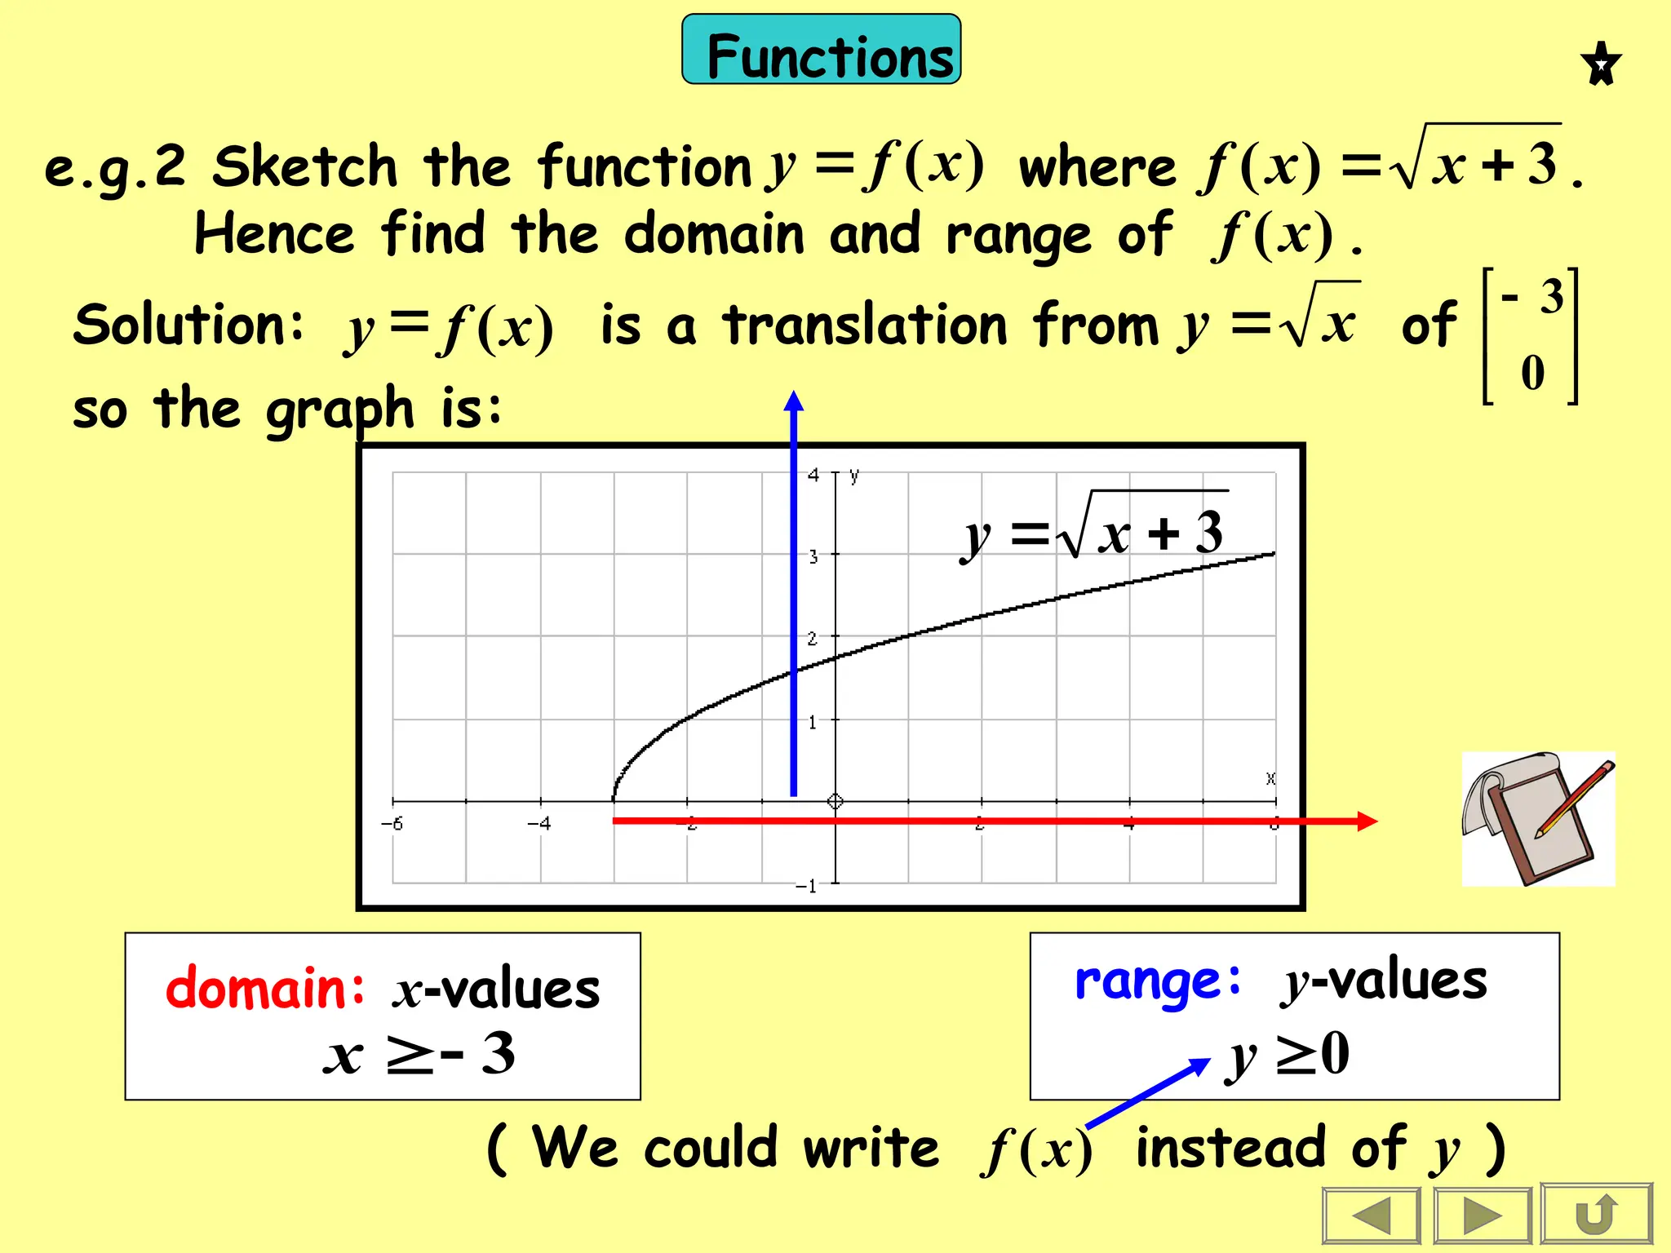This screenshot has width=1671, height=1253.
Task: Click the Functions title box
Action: point(821,50)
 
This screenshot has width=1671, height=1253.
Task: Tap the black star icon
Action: point(1601,64)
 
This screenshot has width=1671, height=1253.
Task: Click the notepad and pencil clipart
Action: point(1538,818)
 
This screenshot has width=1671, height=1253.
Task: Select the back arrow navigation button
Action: point(1372,1215)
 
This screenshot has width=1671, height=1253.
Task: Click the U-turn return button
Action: point(1596,1215)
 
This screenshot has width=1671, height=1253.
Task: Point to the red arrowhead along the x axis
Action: point(1367,821)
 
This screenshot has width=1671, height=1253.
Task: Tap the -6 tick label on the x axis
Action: point(392,824)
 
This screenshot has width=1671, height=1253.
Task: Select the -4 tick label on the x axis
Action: point(539,824)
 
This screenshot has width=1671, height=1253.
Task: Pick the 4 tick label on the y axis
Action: point(813,475)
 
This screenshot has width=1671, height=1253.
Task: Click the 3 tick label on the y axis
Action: point(813,557)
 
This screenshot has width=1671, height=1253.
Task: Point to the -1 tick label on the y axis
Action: point(805,886)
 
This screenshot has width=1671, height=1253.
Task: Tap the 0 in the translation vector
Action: point(1532,373)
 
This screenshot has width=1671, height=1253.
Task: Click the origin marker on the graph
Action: point(835,801)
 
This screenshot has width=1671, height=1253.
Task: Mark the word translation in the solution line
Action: point(865,324)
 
